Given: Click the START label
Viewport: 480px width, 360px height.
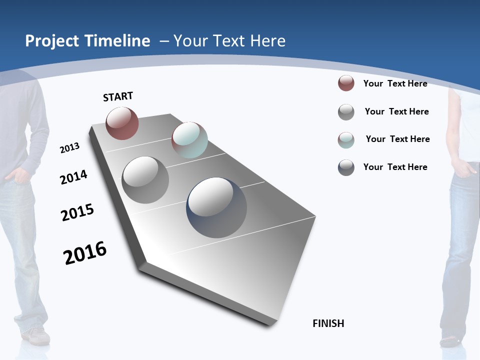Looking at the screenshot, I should pyautogui.click(x=118, y=96).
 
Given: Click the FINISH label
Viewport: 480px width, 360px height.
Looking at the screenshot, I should pyautogui.click(x=328, y=323).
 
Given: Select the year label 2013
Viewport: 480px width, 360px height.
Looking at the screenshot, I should pyautogui.click(x=70, y=148).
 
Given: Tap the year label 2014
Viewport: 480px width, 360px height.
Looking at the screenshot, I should pyautogui.click(x=74, y=177).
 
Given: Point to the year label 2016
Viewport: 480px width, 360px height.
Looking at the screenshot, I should pyautogui.click(x=85, y=253).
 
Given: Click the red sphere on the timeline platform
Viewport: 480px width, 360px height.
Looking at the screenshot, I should pyautogui.click(x=122, y=123).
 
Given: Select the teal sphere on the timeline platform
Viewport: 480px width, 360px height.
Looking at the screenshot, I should pyautogui.click(x=189, y=140).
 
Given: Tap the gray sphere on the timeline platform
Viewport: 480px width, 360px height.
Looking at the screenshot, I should pyautogui.click(x=145, y=179).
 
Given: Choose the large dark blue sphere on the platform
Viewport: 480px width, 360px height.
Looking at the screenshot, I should pyautogui.click(x=216, y=207).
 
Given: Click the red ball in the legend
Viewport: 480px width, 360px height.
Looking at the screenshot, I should pyautogui.click(x=346, y=83).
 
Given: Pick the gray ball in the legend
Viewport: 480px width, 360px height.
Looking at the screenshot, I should pyautogui.click(x=346, y=112).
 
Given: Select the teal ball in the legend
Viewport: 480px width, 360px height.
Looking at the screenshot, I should pyautogui.click(x=346, y=140).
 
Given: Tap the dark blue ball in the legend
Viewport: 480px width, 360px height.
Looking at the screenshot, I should pyautogui.click(x=346, y=167).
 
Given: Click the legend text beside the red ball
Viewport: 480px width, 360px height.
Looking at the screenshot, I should pyautogui.click(x=395, y=83).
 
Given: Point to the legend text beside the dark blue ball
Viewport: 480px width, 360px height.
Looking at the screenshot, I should pyautogui.click(x=395, y=167).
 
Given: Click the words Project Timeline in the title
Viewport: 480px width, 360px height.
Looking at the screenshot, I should pyautogui.click(x=87, y=41).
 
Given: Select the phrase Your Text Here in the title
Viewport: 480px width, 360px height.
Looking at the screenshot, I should pyautogui.click(x=229, y=41).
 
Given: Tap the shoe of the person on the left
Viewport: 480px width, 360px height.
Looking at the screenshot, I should pyautogui.click(x=36, y=336).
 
